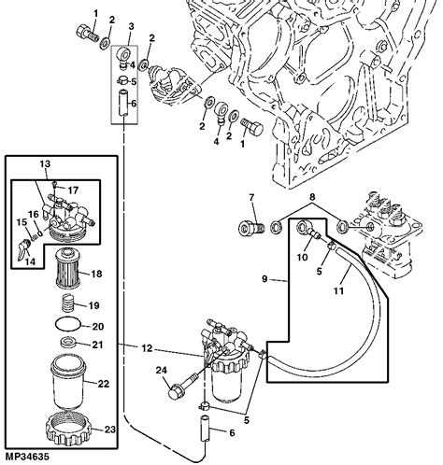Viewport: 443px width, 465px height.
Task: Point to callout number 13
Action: tap(42, 164)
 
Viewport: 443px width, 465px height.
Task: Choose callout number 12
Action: tap(146, 349)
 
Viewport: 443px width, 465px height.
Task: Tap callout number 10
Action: tap(302, 256)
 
